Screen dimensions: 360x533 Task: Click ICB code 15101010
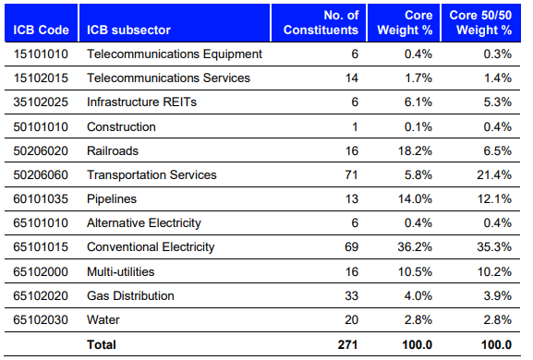(40, 54)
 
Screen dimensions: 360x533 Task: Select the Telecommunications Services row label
(168, 78)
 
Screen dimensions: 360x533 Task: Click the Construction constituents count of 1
(354, 126)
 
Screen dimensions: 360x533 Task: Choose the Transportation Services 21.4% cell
(493, 174)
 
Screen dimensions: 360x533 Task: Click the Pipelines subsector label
(113, 198)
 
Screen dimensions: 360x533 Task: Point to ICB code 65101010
(40, 222)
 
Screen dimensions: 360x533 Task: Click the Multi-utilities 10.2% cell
(493, 271)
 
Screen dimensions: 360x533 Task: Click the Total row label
(102, 344)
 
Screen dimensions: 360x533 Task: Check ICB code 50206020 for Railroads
(40, 150)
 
